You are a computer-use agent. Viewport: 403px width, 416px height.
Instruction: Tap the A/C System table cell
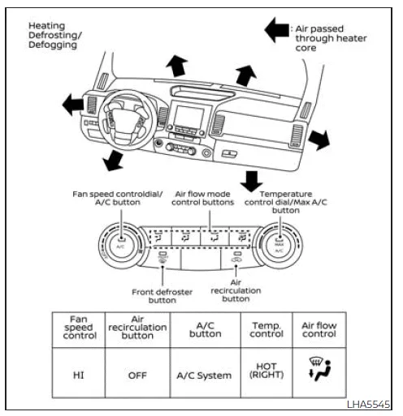pyautogui.click(x=205, y=375)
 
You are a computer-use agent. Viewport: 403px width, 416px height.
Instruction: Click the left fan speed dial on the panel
pyautogui.click(x=120, y=246)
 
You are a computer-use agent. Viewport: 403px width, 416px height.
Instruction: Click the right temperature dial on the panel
pyautogui.click(x=278, y=246)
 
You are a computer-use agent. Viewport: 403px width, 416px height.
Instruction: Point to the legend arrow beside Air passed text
pyautogui.click(x=276, y=31)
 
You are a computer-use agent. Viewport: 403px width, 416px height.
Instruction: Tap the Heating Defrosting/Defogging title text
pyautogui.click(x=57, y=36)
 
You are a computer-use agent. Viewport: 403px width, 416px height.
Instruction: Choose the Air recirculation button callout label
pyautogui.click(x=236, y=289)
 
